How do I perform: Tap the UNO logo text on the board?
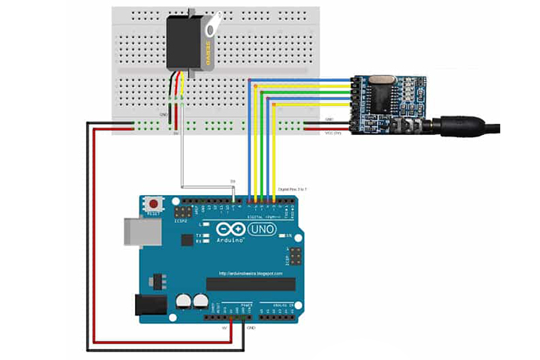[262, 229]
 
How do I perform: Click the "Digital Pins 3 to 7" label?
[292, 190]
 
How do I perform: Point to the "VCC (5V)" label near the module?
[333, 133]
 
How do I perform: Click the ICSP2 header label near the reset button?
[181, 221]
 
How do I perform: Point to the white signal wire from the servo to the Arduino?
[181, 150]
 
